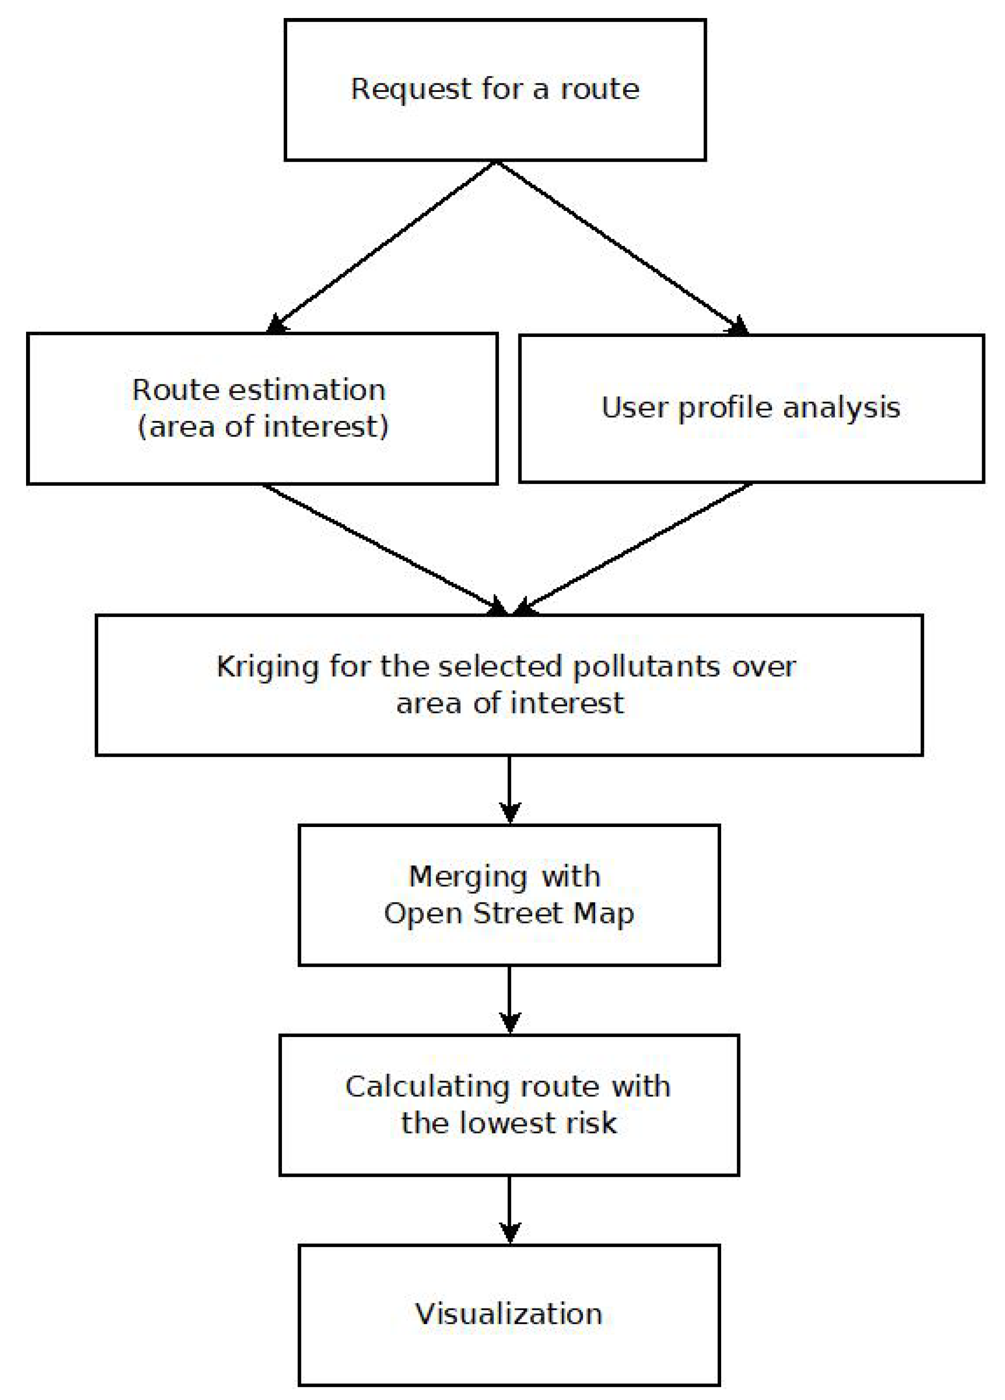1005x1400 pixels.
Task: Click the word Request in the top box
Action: pyautogui.click(x=410, y=90)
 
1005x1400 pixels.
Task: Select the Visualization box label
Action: pyautogui.click(x=508, y=1314)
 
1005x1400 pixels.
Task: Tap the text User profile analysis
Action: pyautogui.click(x=750, y=408)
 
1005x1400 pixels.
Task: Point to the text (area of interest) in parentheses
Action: pyautogui.click(x=263, y=427)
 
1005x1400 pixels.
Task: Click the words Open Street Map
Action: pyautogui.click(x=509, y=914)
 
